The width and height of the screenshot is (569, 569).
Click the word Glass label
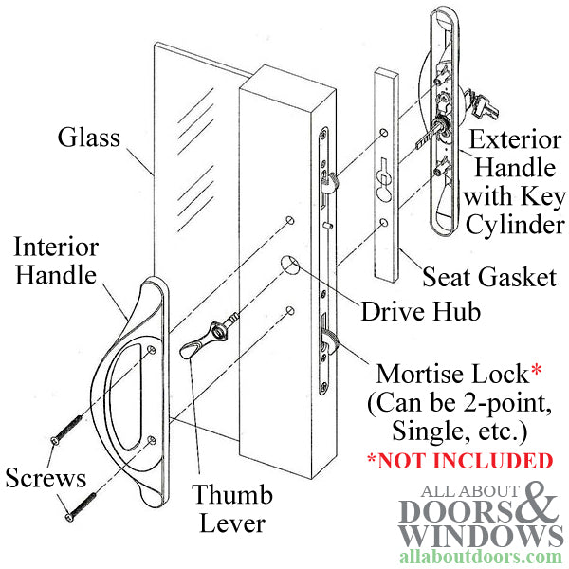point(89,138)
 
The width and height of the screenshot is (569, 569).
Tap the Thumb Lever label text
point(232,508)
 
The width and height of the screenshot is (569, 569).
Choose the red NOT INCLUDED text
point(460,462)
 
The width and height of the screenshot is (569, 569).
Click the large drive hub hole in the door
point(291,265)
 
